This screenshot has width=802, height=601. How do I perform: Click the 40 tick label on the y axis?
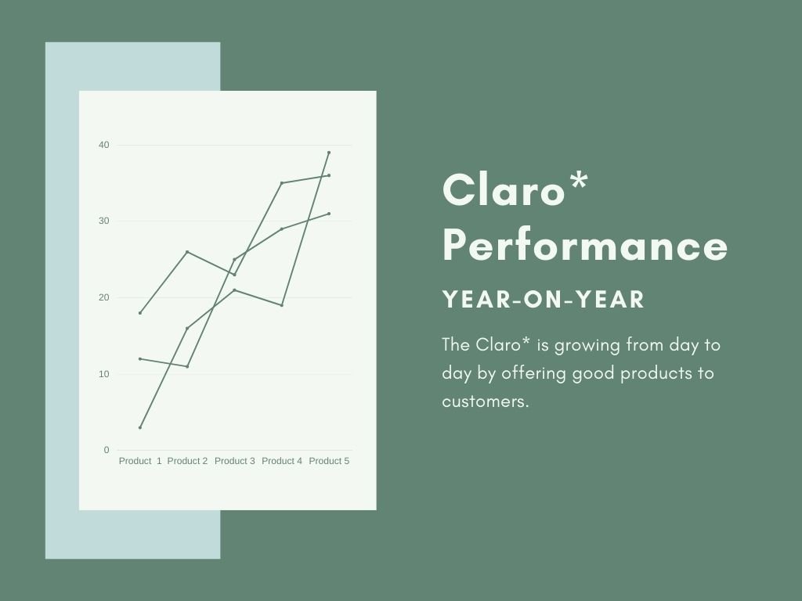tap(104, 145)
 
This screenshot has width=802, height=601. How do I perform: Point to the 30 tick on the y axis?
tap(104, 221)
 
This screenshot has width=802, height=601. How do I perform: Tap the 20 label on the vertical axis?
tap(104, 297)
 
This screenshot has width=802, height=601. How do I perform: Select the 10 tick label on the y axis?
tap(104, 374)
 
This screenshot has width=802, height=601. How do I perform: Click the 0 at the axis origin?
tap(107, 450)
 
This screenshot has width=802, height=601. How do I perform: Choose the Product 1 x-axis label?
tap(140, 461)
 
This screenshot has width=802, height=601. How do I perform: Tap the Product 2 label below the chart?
tap(187, 461)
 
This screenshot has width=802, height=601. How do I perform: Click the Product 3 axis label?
tap(235, 461)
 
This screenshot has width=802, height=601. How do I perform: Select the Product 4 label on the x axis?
tap(282, 461)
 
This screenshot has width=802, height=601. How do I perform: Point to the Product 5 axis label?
tap(329, 461)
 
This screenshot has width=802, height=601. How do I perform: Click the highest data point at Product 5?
tap(329, 153)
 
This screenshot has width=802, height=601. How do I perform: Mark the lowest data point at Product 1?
tap(140, 427)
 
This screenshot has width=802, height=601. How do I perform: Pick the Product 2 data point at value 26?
tap(187, 252)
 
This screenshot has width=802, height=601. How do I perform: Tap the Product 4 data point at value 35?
tap(282, 183)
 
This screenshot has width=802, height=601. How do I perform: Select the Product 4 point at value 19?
tap(282, 305)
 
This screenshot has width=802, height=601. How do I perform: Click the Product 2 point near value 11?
tap(187, 366)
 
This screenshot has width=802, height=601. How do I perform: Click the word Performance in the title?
tap(585, 247)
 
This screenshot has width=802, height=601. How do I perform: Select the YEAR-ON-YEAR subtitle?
tap(544, 300)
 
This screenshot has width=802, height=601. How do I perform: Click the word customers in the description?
tap(485, 401)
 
